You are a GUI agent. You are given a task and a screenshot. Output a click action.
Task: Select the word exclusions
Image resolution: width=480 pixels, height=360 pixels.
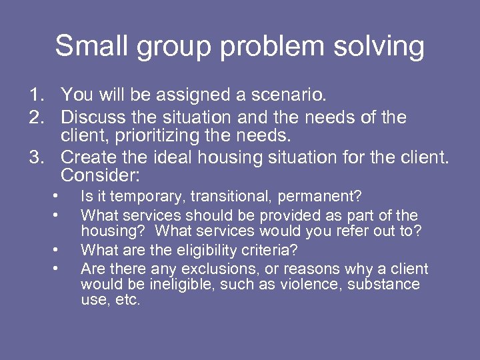208,269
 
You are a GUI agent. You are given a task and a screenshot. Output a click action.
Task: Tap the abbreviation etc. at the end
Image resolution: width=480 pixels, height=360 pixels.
127,300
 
